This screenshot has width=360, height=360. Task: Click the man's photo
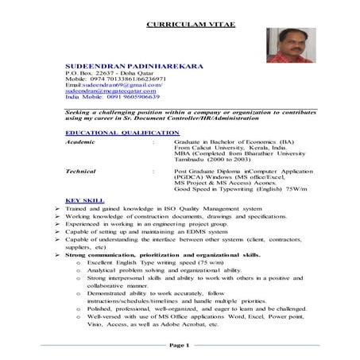291,45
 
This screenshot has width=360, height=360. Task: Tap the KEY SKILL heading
84,200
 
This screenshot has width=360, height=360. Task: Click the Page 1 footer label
180,346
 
